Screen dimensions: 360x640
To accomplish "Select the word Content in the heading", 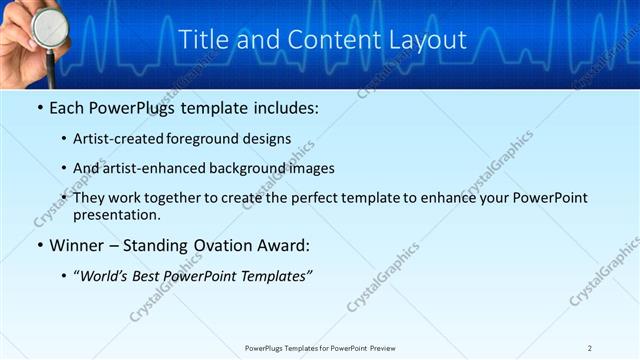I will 324,39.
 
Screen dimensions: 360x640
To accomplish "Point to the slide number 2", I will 590,348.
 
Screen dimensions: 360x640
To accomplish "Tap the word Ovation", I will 229,245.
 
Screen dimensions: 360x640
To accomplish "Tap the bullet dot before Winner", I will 38,245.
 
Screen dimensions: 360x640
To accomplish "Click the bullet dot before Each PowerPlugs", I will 38,106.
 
